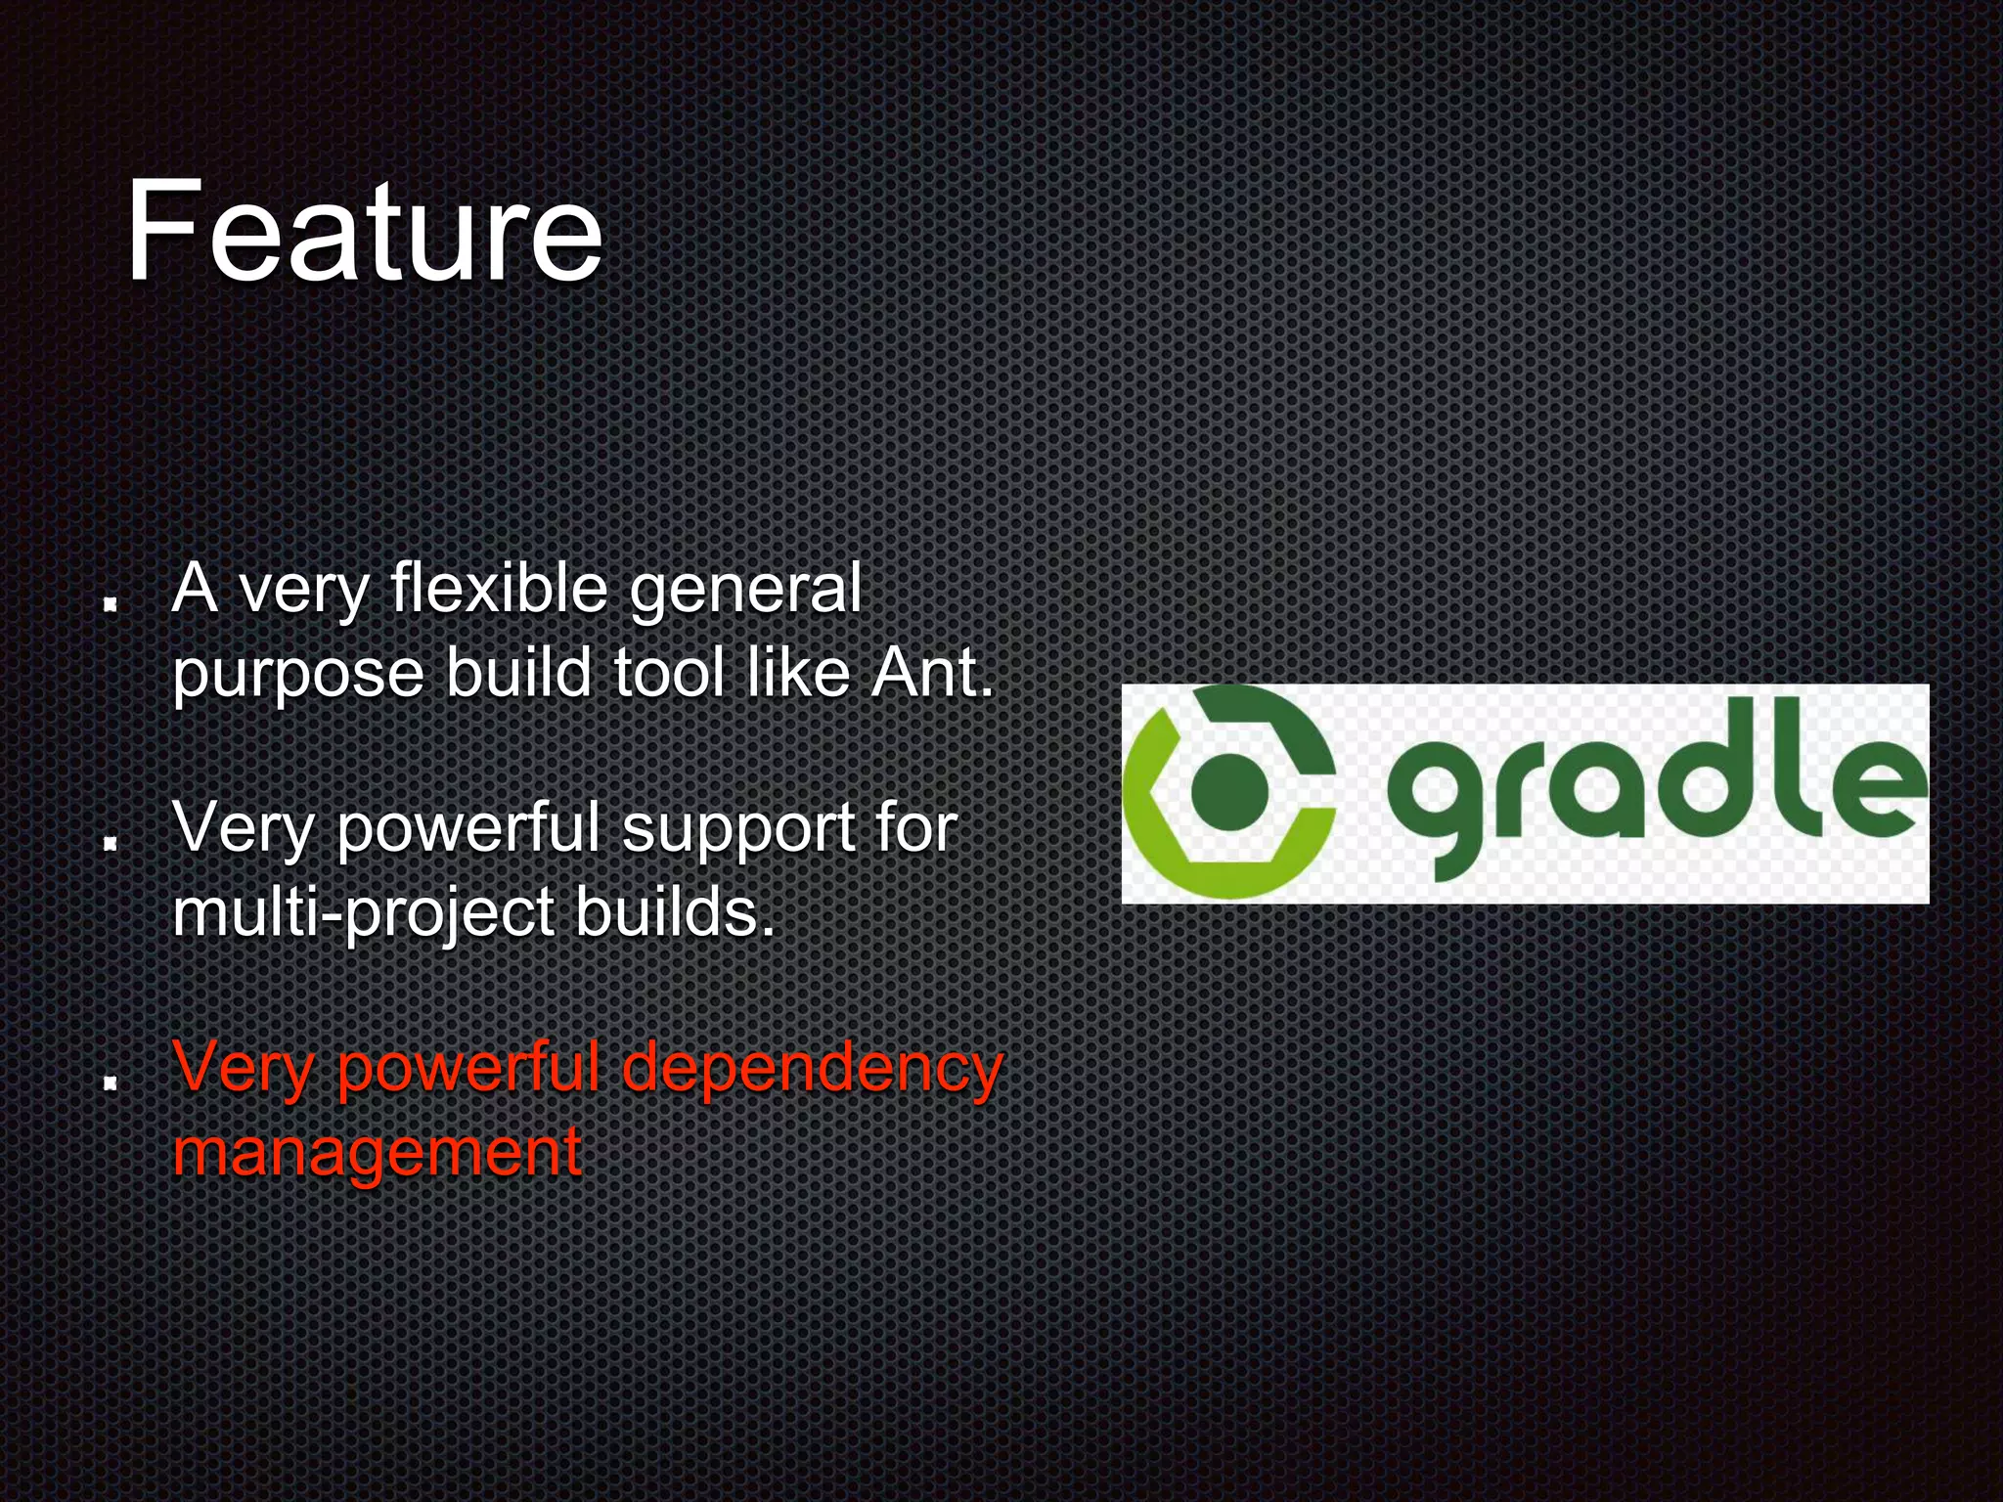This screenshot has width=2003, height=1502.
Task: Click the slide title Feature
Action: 364,233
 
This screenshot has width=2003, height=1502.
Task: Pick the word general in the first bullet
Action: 745,591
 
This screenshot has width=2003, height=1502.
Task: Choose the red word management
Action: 378,1152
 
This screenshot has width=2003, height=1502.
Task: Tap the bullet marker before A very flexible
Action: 111,602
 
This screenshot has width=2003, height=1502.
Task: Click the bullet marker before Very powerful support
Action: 111,841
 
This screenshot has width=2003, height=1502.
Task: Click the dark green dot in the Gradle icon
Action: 1229,791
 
